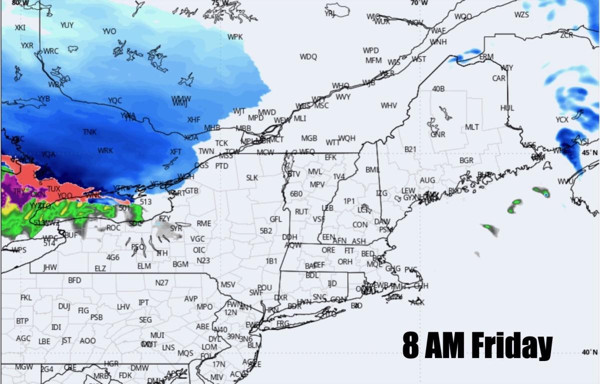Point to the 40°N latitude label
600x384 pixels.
589,352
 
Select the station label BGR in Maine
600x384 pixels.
466,160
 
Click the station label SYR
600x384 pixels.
176,228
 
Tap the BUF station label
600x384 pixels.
70,234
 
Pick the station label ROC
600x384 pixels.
113,227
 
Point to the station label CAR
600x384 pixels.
498,78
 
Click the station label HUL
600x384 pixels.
507,108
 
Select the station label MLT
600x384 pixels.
472,127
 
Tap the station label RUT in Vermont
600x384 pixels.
301,212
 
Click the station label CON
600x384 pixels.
360,225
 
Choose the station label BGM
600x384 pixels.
180,264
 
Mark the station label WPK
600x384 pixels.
235,37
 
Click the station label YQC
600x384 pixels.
115,100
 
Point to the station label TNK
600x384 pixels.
90,132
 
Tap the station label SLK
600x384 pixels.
251,177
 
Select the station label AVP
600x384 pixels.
191,298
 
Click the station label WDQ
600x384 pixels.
308,57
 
